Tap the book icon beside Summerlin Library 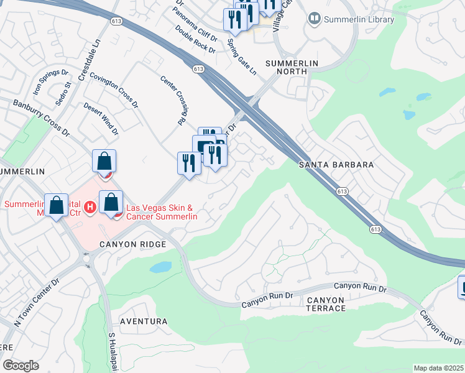(315, 19)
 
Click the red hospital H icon (90, 206)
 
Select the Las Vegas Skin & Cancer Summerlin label (162, 212)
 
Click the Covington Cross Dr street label (114, 91)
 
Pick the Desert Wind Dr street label (101, 119)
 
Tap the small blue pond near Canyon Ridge (160, 267)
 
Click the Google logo (21, 366)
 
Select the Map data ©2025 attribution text (438, 368)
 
